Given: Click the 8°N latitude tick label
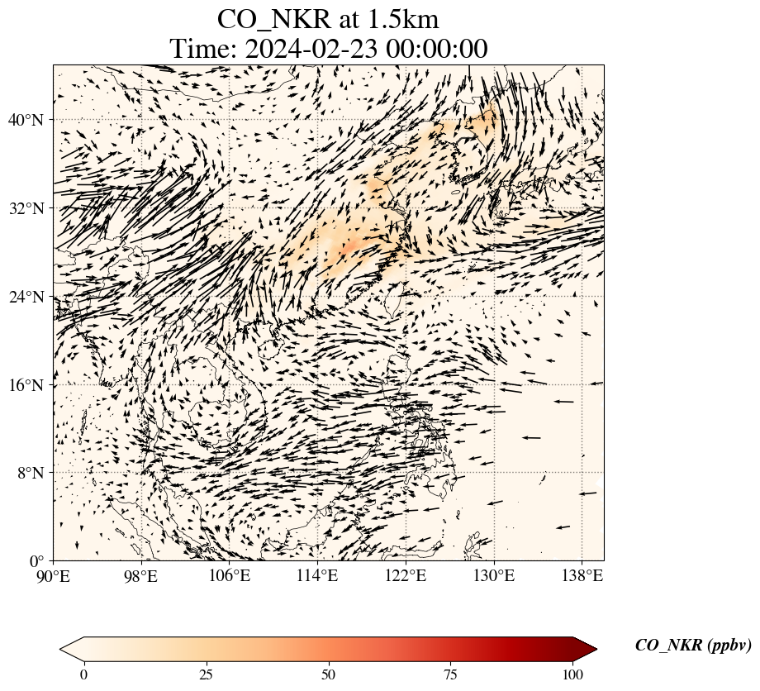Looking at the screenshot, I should [30, 473].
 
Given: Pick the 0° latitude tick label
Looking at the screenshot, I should [37, 561].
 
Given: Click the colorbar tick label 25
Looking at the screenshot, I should [206, 674].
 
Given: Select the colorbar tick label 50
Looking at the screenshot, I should [329, 674].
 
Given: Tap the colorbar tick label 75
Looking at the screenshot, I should [451, 674].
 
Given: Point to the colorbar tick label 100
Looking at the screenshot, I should [573, 674].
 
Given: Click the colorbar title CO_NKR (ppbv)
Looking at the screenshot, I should [692, 646].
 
